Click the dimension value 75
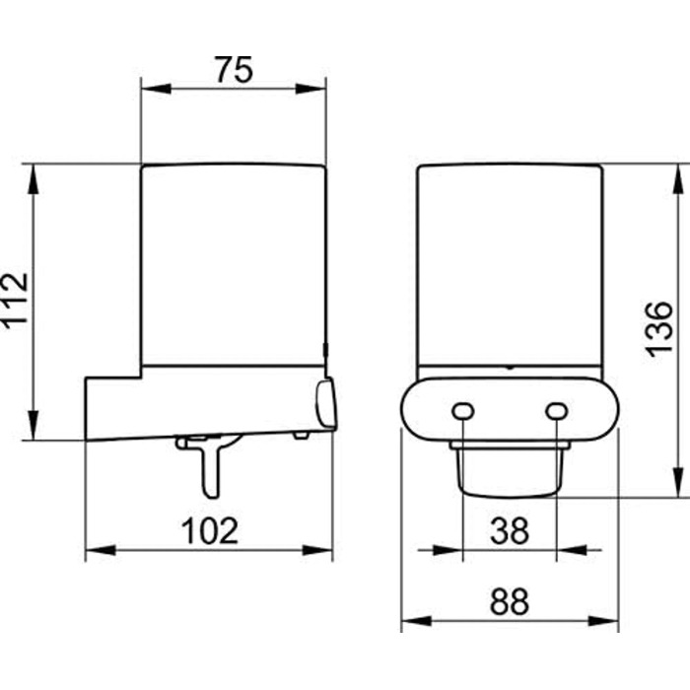coord(235,70)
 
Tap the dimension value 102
coord(210,530)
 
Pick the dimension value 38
coord(510,530)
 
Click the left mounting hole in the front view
coord(463,411)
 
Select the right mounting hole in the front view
coord(556,411)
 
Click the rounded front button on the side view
coord(326,404)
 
